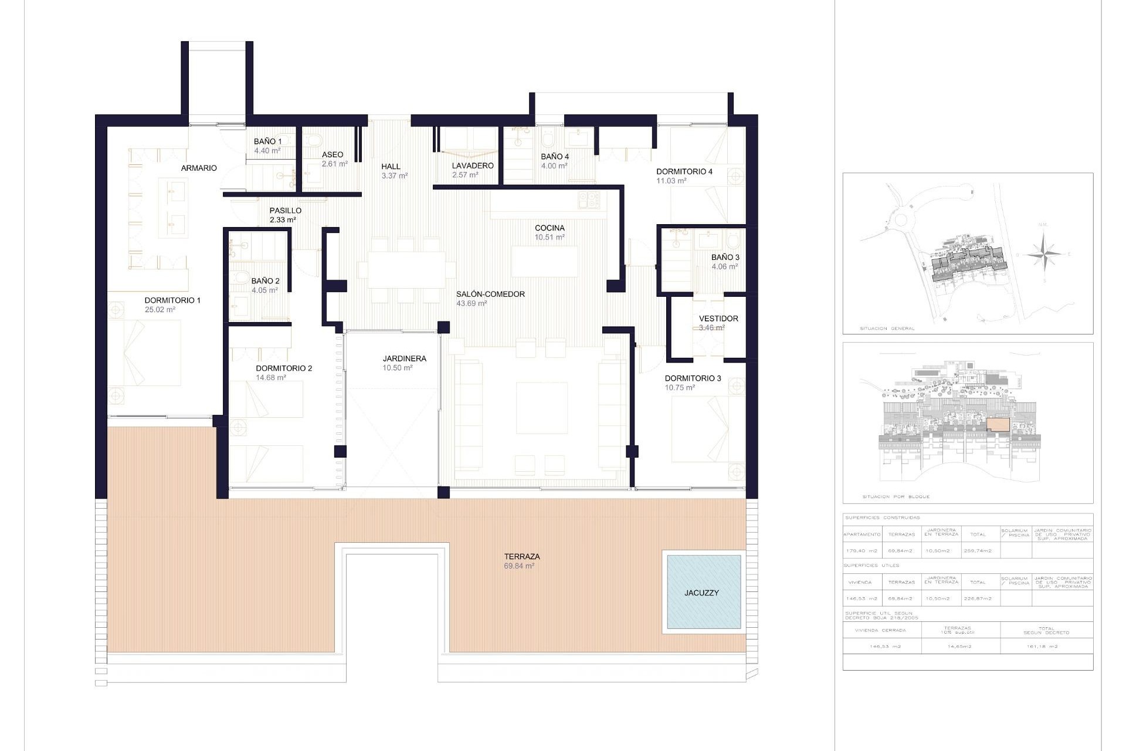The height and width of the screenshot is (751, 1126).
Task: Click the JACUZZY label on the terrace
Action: click(x=701, y=593)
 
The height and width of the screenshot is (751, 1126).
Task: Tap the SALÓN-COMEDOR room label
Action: click(x=490, y=294)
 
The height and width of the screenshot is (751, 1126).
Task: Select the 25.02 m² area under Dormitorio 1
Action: click(x=160, y=310)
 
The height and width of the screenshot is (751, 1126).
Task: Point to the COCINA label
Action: click(x=550, y=228)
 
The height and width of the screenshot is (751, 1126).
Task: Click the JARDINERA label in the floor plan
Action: click(x=404, y=358)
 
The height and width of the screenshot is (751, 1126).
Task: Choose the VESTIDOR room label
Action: click(x=718, y=319)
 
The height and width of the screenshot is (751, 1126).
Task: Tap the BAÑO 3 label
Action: click(x=725, y=257)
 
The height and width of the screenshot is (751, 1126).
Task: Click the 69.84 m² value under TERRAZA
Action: click(x=518, y=566)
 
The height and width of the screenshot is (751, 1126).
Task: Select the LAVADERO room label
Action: click(x=472, y=165)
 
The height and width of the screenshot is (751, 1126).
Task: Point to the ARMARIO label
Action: click(x=199, y=168)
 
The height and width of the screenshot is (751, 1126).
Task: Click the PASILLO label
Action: click(x=285, y=210)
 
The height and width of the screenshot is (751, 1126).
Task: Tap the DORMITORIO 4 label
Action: click(x=684, y=171)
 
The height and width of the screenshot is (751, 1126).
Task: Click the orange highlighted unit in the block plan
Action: click(x=998, y=425)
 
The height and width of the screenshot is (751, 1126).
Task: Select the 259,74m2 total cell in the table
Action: click(x=978, y=551)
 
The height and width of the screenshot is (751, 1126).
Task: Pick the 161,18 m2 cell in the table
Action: click(x=1046, y=647)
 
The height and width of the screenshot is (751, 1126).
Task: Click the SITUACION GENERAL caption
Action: click(x=887, y=329)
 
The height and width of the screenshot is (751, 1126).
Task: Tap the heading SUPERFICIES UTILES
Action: click(x=871, y=566)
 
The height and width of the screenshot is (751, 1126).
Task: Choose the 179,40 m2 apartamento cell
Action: click(x=862, y=551)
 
